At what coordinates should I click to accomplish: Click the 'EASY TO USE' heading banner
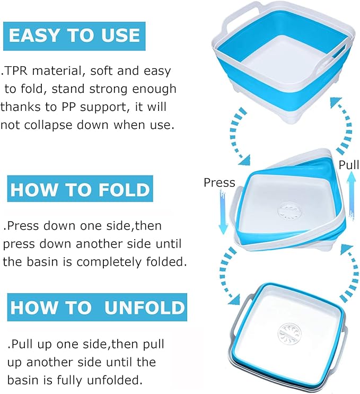click(74, 36)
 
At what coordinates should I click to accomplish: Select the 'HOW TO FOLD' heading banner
click(80, 189)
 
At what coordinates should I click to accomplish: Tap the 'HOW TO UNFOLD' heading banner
click(97, 307)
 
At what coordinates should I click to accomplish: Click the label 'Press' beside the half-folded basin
click(219, 182)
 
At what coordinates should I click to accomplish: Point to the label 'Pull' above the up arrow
click(349, 165)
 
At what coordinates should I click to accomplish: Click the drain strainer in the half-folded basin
click(290, 210)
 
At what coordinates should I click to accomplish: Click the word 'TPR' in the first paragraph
click(16, 71)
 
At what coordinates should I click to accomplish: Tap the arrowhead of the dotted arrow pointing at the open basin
click(336, 103)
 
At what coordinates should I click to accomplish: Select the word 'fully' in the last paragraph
click(71, 380)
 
